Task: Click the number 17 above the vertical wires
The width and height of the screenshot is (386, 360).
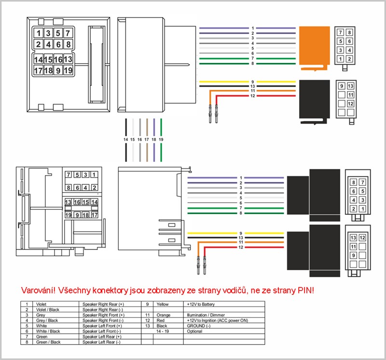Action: tap(147, 139)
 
